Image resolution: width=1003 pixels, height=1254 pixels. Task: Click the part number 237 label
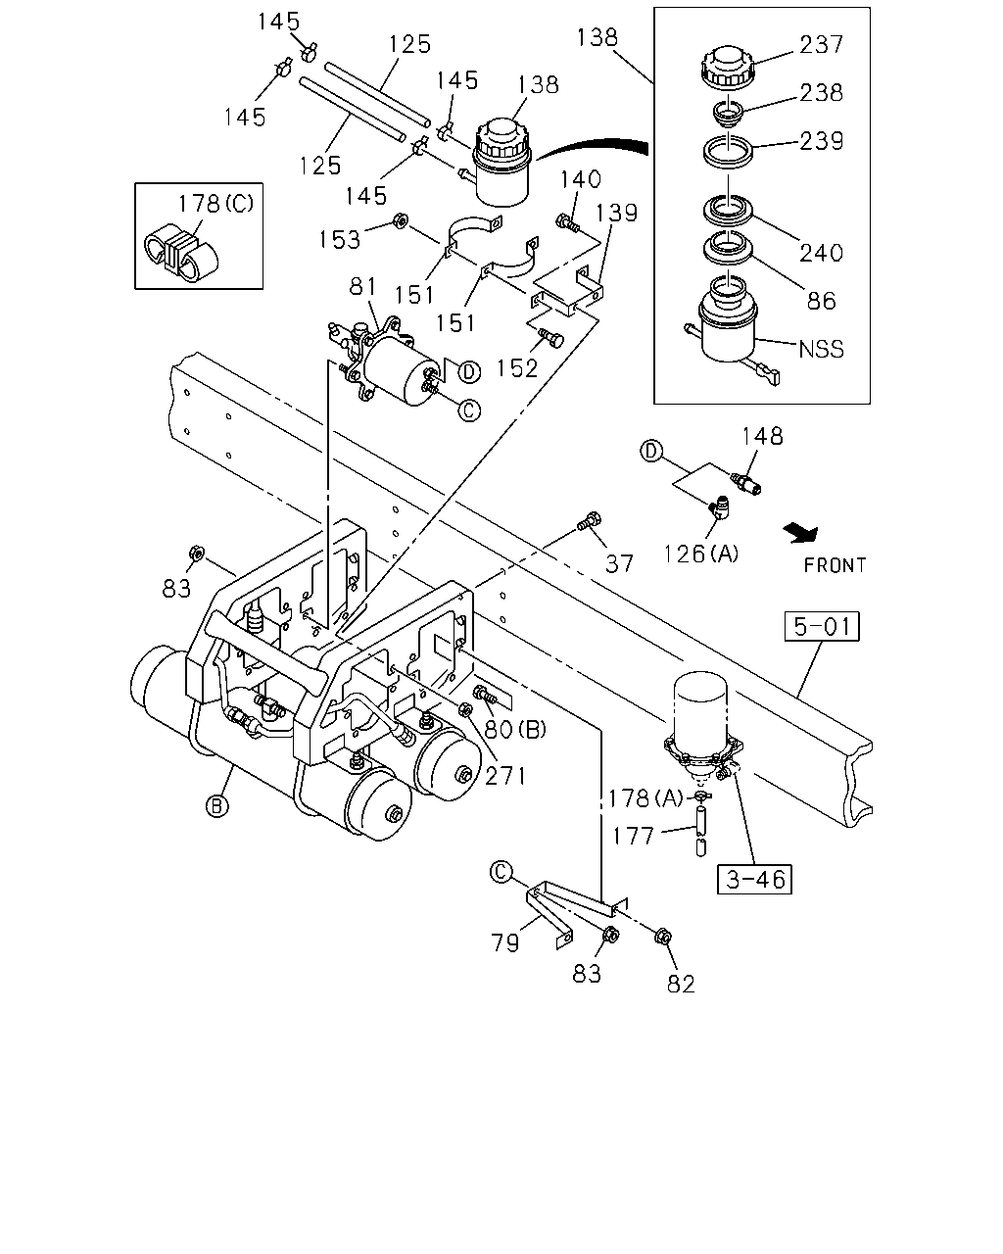click(821, 44)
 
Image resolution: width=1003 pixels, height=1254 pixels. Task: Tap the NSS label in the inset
click(821, 349)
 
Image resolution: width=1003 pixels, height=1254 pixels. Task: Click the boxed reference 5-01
click(822, 626)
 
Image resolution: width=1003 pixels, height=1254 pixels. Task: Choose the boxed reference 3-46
click(754, 879)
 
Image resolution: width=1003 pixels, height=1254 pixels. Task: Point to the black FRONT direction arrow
click(801, 532)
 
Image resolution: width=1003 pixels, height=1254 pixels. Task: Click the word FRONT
click(835, 565)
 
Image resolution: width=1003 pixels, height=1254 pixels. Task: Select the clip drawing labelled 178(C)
click(180, 253)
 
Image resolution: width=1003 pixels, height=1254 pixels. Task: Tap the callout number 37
click(619, 563)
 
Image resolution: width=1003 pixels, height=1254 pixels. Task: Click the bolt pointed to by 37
click(590, 520)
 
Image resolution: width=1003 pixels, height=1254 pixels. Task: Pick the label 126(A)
click(700, 554)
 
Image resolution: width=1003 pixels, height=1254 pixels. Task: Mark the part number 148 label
click(762, 436)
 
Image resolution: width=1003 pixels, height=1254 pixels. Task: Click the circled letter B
click(216, 806)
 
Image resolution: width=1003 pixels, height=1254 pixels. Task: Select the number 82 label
click(681, 985)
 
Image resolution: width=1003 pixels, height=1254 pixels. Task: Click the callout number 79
click(504, 942)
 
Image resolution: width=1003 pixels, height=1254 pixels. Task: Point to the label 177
click(633, 837)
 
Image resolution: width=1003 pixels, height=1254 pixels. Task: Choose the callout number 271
click(504, 776)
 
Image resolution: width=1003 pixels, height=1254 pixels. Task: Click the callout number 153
click(339, 240)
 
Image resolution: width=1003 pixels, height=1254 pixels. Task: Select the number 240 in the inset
click(821, 253)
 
